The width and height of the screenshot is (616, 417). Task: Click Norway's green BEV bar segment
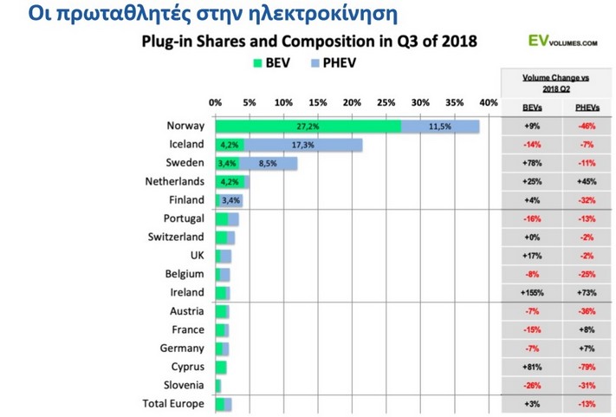pyautogui.click(x=308, y=126)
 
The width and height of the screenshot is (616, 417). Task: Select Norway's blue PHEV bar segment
pyautogui.click(x=440, y=126)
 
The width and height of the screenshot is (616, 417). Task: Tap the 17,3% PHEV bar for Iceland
pyautogui.click(x=303, y=145)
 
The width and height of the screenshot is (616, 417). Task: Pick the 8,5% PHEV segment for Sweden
pyautogui.click(x=269, y=163)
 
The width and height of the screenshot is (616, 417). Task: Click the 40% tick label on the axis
pyautogui.click(x=489, y=102)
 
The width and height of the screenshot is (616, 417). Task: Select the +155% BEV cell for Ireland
pyautogui.click(x=532, y=293)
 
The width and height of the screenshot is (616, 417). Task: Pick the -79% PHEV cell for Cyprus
pyautogui.click(x=586, y=367)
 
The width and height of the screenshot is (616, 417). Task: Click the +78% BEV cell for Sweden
pyautogui.click(x=532, y=163)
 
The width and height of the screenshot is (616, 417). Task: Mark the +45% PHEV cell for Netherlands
pyautogui.click(x=586, y=181)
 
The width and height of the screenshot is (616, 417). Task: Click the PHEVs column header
pyautogui.click(x=586, y=107)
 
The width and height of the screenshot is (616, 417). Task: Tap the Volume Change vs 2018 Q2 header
pyautogui.click(x=555, y=82)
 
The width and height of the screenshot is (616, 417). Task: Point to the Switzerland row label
pyautogui.click(x=177, y=237)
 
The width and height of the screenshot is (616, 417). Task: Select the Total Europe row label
pyautogui.click(x=173, y=404)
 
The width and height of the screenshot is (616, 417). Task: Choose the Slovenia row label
pyautogui.click(x=182, y=385)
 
